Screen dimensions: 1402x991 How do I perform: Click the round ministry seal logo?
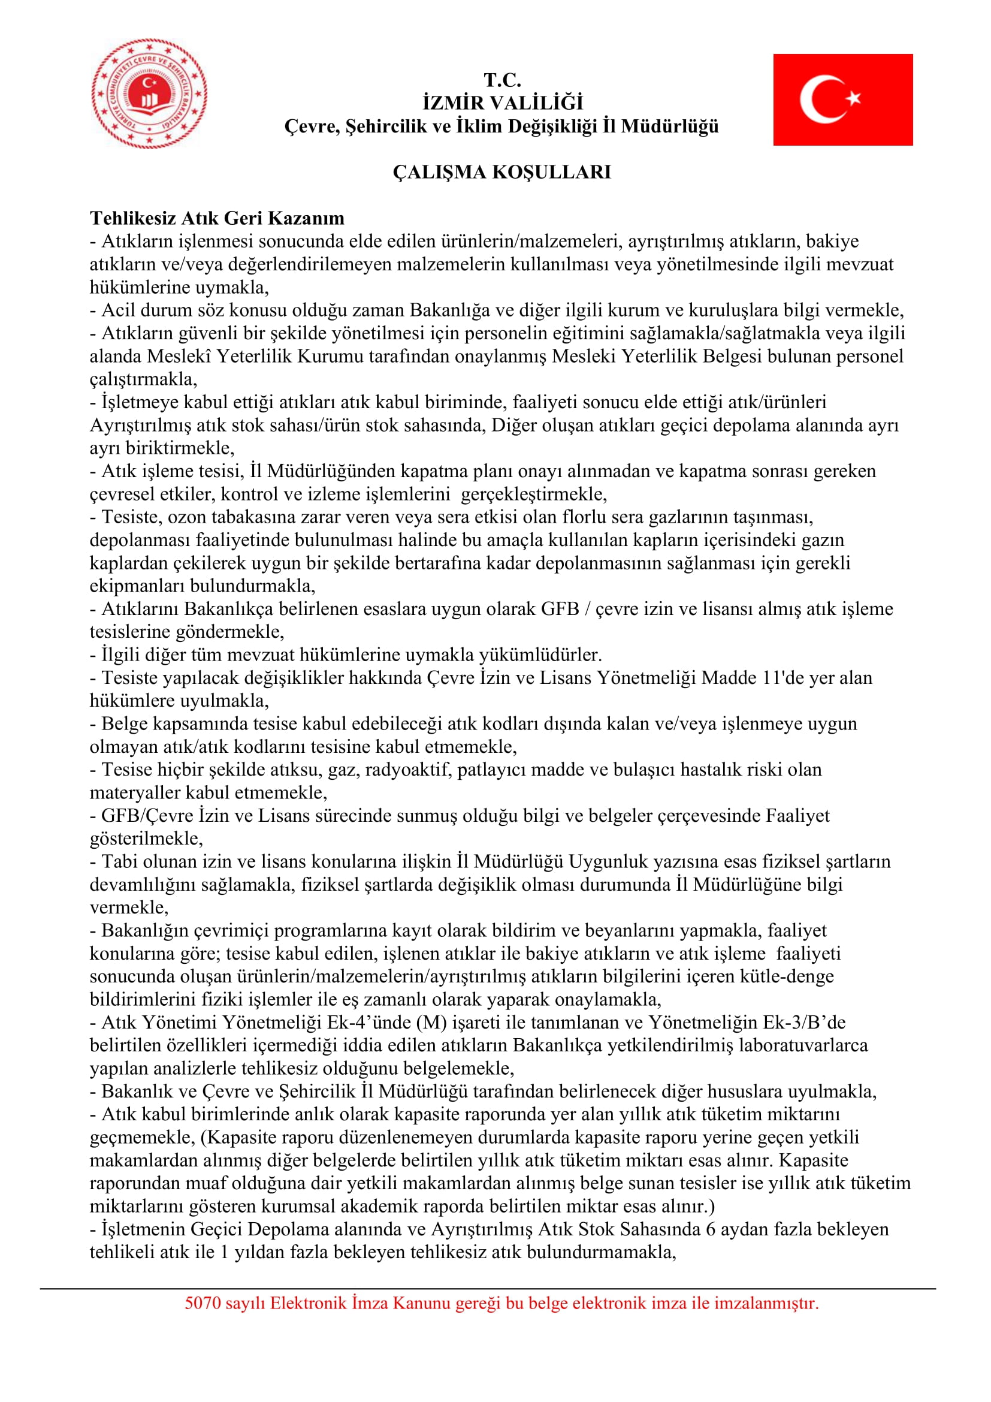pos(150,93)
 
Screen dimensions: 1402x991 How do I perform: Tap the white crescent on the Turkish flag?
pos(820,99)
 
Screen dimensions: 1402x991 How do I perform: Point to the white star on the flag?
pos(853,98)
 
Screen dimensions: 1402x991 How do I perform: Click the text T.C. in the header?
pos(502,79)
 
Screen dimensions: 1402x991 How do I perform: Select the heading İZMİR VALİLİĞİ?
pos(502,102)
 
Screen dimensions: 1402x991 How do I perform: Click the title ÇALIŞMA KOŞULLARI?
pos(501,173)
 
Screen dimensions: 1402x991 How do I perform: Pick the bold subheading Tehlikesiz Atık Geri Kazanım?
pos(217,218)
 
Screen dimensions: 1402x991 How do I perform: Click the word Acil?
pos(117,310)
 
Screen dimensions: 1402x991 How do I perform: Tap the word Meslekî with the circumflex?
pos(179,356)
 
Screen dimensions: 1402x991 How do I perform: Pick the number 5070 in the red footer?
pos(203,1304)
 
